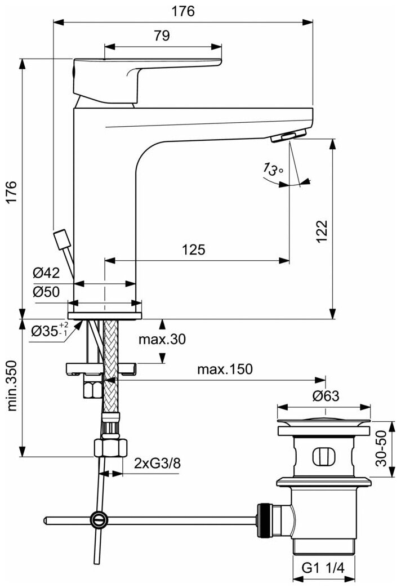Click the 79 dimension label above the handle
(162, 35)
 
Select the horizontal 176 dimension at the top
(183, 11)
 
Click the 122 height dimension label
(322, 231)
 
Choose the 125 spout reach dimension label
(193, 250)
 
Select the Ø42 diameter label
(46, 273)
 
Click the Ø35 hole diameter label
(50, 331)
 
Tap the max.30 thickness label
(162, 339)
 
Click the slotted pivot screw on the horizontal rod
(100, 519)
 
